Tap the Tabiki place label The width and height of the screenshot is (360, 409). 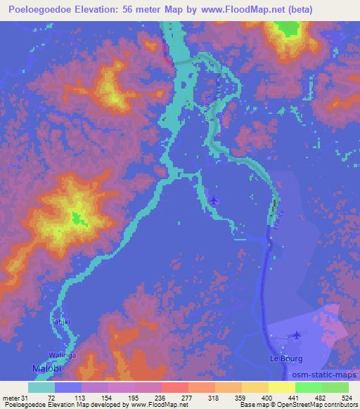(60, 322)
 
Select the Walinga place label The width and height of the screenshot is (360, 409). (61, 354)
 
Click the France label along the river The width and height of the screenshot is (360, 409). (281, 214)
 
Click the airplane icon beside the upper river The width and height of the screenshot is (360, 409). (214, 201)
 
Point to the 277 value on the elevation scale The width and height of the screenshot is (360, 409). (188, 397)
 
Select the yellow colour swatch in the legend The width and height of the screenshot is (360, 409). (281, 388)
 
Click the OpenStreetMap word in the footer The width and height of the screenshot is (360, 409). (290, 405)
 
